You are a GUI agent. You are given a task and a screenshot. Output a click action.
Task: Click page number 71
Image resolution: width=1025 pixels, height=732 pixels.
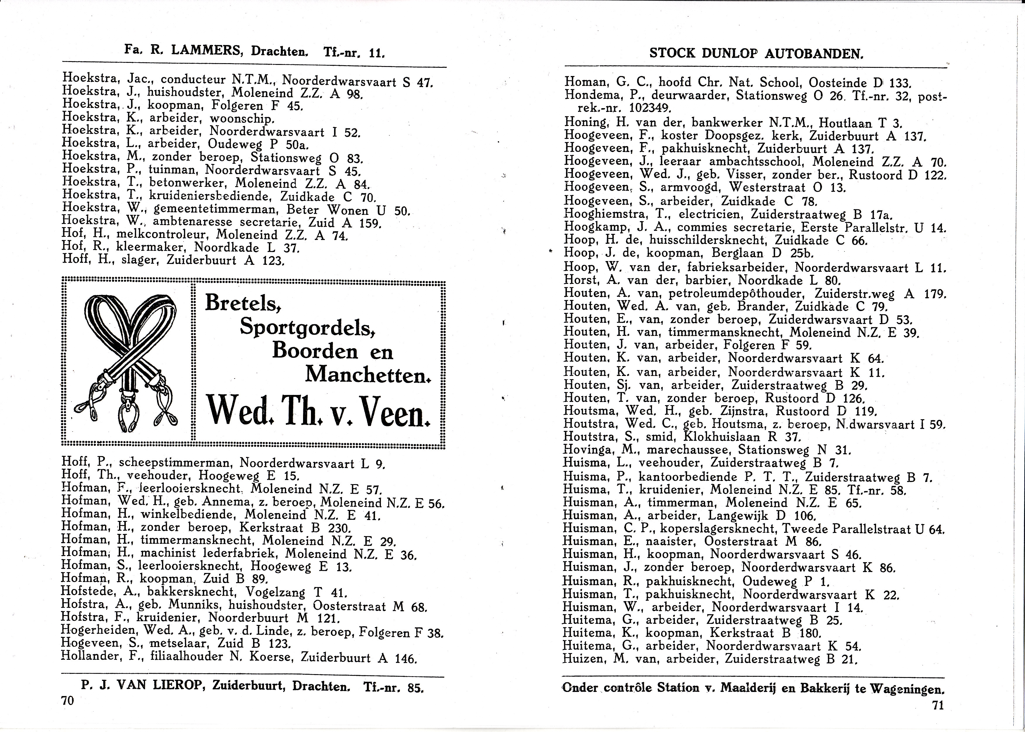tap(938, 705)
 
